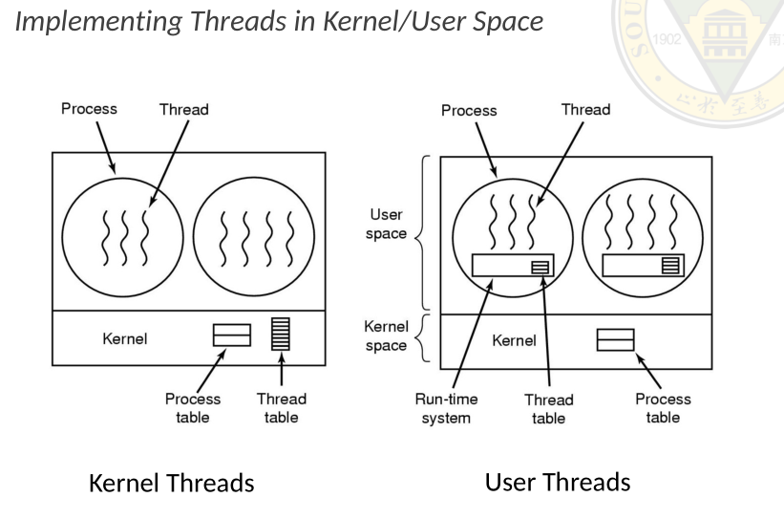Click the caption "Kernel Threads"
pos(171,484)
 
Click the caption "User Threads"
pos(558,482)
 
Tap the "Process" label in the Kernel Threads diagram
pos(89,108)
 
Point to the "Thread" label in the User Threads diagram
pos(585,109)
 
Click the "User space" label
pos(387,225)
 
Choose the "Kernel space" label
pos(387,335)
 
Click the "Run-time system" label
pos(446,408)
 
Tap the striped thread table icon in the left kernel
pos(281,335)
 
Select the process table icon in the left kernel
pos(231,335)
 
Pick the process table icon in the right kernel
pos(615,339)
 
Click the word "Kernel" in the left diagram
pos(125,337)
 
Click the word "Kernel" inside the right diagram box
pos(514,340)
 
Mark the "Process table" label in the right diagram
pos(663,408)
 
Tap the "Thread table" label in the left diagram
pos(281,408)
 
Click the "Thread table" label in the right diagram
pos(548,408)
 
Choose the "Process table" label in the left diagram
pos(192,408)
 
